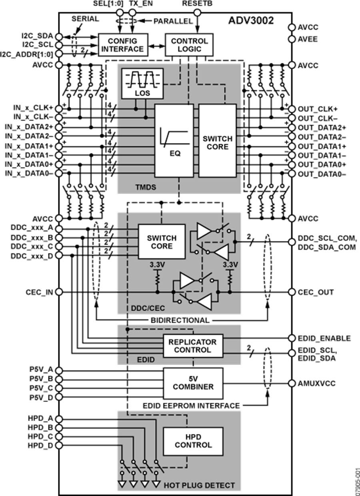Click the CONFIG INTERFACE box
(122, 45)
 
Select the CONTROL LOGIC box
(189, 45)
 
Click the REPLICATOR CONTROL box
(193, 346)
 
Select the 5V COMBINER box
(193, 383)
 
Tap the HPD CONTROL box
(193, 441)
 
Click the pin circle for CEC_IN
(59, 292)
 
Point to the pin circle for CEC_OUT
(292, 292)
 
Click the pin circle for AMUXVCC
(292, 383)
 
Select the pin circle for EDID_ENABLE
(292, 339)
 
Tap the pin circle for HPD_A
(59, 418)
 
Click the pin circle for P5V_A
(59, 369)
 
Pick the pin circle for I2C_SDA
(59, 36)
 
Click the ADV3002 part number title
(251, 20)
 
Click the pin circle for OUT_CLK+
(292, 109)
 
